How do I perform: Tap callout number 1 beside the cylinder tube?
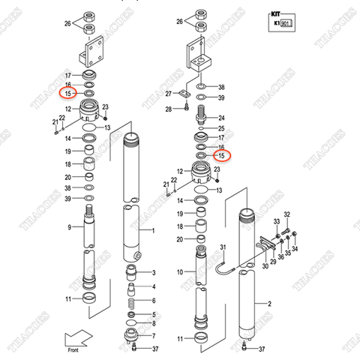point(153,230)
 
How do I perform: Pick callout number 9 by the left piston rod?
point(69,227)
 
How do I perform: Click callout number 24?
point(222,118)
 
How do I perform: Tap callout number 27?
point(169,94)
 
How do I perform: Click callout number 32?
point(286,214)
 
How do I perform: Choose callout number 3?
point(153,271)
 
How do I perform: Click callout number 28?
point(169,109)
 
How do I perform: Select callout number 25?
point(222,129)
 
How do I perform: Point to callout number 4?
point(153,286)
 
